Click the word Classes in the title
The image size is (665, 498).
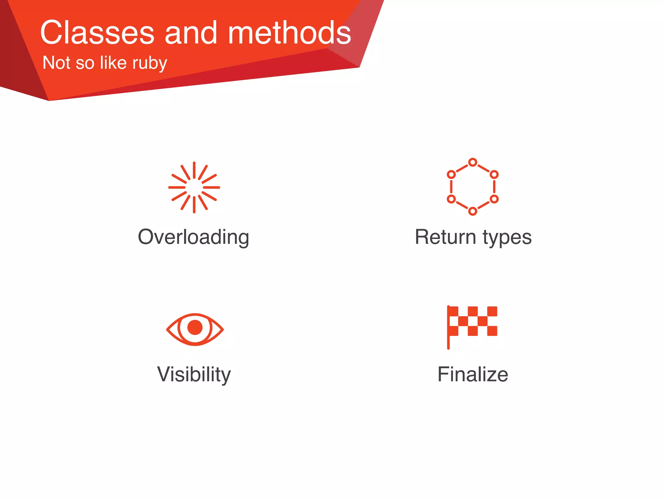coord(97,33)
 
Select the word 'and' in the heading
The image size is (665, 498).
coord(191,33)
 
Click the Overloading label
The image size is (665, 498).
coord(194,237)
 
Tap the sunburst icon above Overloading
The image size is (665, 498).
coord(194,187)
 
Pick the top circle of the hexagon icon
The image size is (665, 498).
coord(473,162)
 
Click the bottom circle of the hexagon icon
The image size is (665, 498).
coord(473,211)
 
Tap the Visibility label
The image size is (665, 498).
coord(194,374)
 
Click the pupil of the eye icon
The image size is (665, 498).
coord(195,327)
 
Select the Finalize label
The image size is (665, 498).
coord(473,374)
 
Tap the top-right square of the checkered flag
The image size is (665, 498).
coord(492,311)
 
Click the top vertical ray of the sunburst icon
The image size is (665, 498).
coord(194,170)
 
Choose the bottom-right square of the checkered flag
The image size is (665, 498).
coord(492,331)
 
